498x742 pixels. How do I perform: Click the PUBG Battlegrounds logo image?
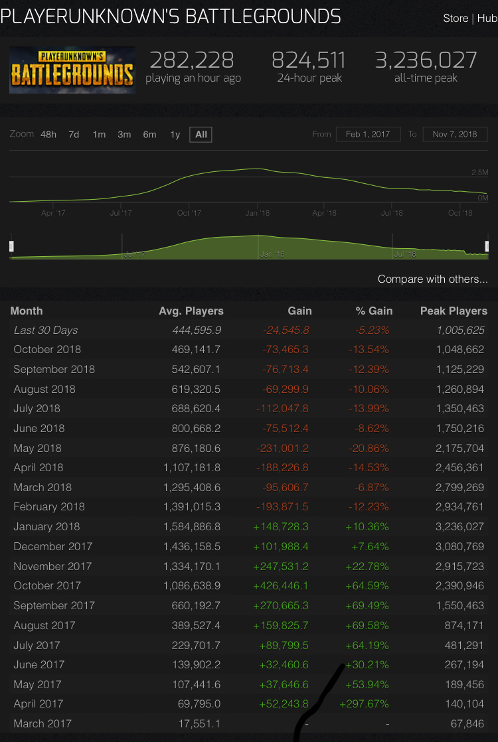point(72,70)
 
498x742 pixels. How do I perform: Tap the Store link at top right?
point(456,19)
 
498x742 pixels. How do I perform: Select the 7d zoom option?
point(74,135)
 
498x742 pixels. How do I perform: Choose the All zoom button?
point(201,135)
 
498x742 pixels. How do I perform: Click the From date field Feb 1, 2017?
point(368,134)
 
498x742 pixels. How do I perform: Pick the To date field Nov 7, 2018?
point(455,134)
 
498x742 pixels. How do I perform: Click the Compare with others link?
point(432,279)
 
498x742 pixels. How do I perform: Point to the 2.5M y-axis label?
point(479,173)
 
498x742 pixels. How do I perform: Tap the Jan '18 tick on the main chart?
point(257,213)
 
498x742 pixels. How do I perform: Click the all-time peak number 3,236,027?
point(426,60)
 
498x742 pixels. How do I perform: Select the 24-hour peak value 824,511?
point(308,60)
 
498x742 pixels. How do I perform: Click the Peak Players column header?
point(454,311)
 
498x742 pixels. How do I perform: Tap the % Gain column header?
point(374,311)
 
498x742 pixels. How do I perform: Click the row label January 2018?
point(46,526)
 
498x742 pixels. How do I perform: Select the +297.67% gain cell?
point(364,704)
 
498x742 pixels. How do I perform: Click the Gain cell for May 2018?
point(282,448)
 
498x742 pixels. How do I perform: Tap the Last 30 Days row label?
point(46,330)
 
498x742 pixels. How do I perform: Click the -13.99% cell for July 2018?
point(368,408)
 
